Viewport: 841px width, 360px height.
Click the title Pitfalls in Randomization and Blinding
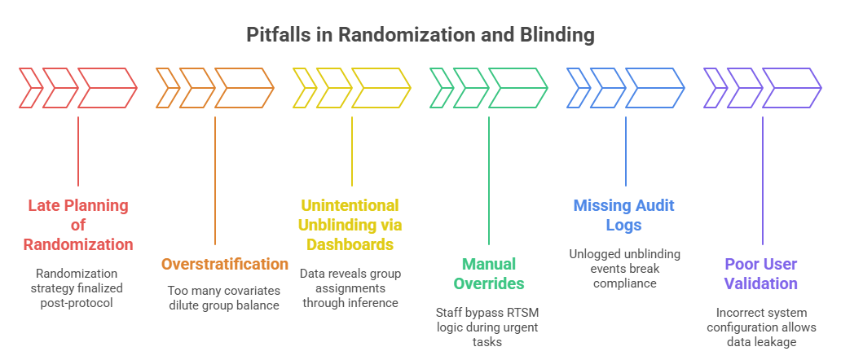[420, 36]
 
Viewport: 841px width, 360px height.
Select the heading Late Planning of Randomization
[77, 225]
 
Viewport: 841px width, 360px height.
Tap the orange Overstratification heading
[225, 264]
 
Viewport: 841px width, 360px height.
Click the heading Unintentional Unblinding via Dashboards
[352, 225]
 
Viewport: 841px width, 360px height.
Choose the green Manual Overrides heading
[488, 274]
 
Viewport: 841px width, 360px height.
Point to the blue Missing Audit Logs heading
[625, 215]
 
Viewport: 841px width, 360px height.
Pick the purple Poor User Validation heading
[761, 274]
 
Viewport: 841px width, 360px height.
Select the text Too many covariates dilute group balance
[225, 297]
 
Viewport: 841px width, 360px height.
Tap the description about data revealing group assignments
[352, 288]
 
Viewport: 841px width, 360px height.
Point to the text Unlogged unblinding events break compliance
[625, 268]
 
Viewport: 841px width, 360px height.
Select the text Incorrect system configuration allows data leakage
[761, 327]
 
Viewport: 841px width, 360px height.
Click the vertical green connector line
[488, 179]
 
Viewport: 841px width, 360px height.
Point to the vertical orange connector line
[215, 179]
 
